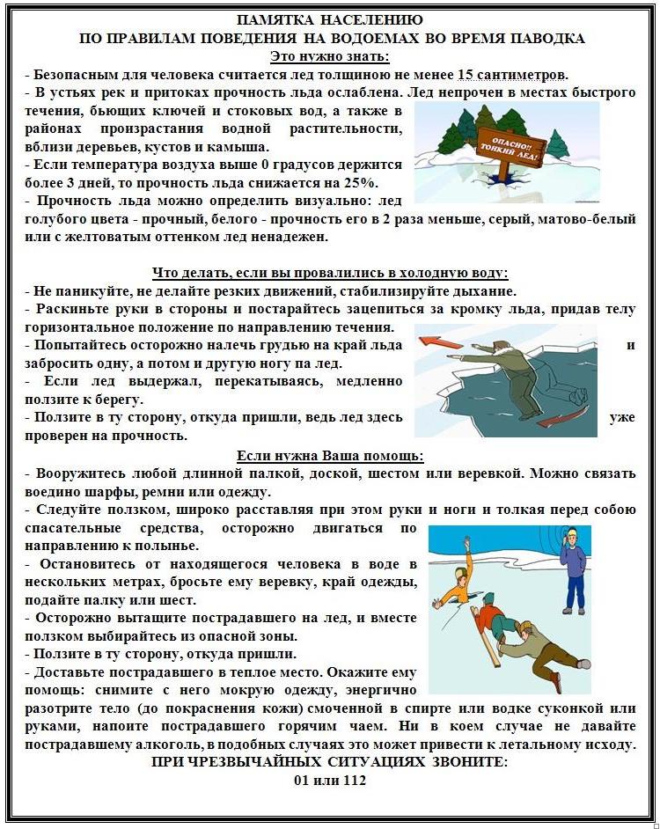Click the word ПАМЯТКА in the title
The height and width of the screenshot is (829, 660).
pos(279,20)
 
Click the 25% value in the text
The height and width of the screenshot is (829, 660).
pos(362,182)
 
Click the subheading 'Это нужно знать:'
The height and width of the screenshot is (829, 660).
pos(329,56)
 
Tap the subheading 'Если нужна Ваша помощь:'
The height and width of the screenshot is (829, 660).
pos(329,456)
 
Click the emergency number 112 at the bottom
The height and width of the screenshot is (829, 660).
pos(353,780)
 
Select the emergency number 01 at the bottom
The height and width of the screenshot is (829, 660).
pos(303,780)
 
